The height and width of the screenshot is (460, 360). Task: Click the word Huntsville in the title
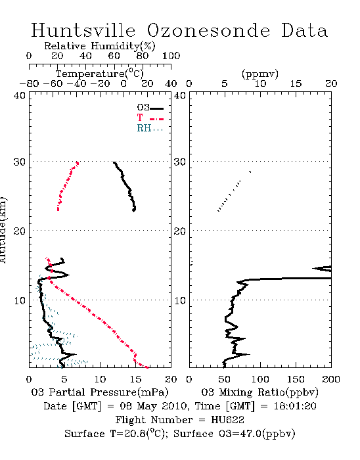pos(83,30)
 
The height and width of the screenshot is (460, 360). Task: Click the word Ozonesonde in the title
pos(208,30)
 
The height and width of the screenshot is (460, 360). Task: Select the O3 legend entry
pos(150,108)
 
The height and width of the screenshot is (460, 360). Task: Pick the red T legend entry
pos(150,118)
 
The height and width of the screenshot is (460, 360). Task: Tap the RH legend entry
pos(150,128)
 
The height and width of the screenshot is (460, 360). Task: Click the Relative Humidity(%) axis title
pos(100,46)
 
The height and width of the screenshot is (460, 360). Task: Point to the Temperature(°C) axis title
pos(100,74)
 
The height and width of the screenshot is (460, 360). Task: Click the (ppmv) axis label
pos(260,74)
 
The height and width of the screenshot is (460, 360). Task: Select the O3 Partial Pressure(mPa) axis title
pos(100,392)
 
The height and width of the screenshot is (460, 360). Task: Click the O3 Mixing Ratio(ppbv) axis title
pos(259,392)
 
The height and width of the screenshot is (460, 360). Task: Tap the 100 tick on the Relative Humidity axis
pos(171,56)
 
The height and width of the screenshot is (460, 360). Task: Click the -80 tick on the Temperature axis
pos(29,83)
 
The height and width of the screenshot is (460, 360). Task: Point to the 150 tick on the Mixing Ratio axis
pos(296,379)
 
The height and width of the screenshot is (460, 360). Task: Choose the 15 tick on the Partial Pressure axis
pos(135,379)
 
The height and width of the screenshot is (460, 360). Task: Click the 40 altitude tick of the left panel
pos(20,95)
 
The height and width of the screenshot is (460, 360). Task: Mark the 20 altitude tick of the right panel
pos(180,231)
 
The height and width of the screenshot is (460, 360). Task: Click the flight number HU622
pos(228,420)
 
